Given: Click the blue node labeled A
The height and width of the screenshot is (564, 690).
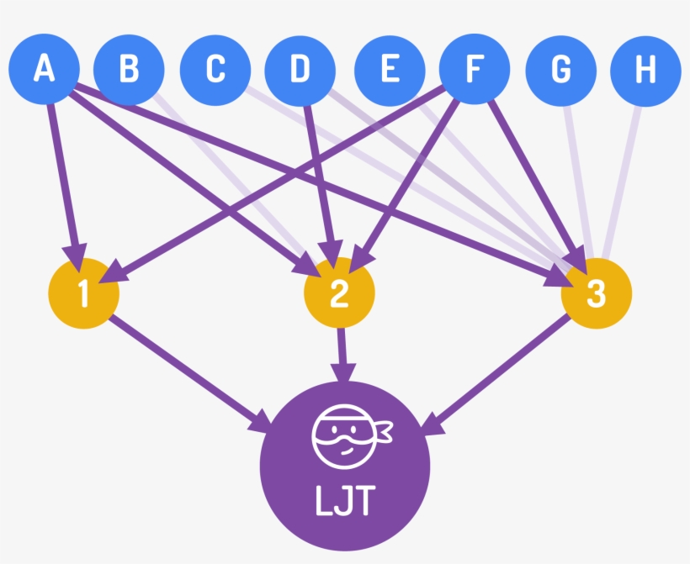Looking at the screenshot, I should coord(44,70).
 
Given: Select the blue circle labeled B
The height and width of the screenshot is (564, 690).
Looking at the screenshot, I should coord(128,70).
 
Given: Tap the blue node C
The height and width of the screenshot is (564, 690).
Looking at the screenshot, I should coord(215,70).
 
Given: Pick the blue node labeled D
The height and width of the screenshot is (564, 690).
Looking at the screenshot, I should coord(300,70).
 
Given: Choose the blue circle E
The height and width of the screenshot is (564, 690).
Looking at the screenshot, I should coord(390,70).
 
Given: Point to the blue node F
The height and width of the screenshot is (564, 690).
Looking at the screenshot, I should coord(475,70).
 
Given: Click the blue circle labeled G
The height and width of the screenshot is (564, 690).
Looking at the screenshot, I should coord(560,70).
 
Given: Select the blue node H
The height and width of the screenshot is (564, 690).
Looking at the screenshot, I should coord(645,70).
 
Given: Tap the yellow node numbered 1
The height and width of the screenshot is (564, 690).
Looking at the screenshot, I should coord(83,294).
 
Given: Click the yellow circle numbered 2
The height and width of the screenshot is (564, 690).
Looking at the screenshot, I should coord(339,294).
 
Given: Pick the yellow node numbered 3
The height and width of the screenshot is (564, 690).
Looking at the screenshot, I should coord(596,294).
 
